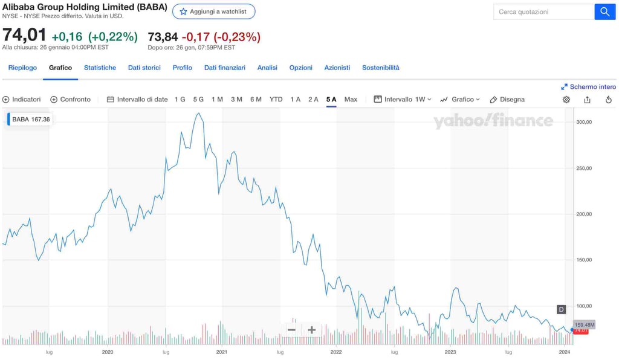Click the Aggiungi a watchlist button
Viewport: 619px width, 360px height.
pos(213,11)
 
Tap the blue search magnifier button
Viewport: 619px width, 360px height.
pos(604,11)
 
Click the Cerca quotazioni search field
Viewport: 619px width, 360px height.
pos(543,11)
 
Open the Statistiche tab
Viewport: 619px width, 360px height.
pos(100,68)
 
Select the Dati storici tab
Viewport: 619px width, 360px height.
pos(144,68)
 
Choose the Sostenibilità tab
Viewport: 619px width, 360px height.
pos(381,68)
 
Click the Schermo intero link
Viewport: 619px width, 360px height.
pos(588,87)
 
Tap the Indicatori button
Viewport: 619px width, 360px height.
pos(22,99)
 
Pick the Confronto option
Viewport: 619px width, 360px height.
pos(70,99)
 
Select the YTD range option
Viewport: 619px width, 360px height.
pos(276,99)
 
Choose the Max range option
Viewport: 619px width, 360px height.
pos(351,99)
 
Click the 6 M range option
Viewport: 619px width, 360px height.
pos(256,99)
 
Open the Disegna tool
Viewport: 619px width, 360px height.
pos(507,99)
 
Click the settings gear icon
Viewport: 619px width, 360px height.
pos(566,100)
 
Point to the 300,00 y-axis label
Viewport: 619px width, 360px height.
pos(583,122)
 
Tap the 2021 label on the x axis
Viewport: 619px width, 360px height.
pos(222,352)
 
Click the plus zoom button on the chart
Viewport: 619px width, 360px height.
pos(312,330)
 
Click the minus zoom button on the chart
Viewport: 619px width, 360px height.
pos(291,330)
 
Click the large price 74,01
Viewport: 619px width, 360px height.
pos(24,36)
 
